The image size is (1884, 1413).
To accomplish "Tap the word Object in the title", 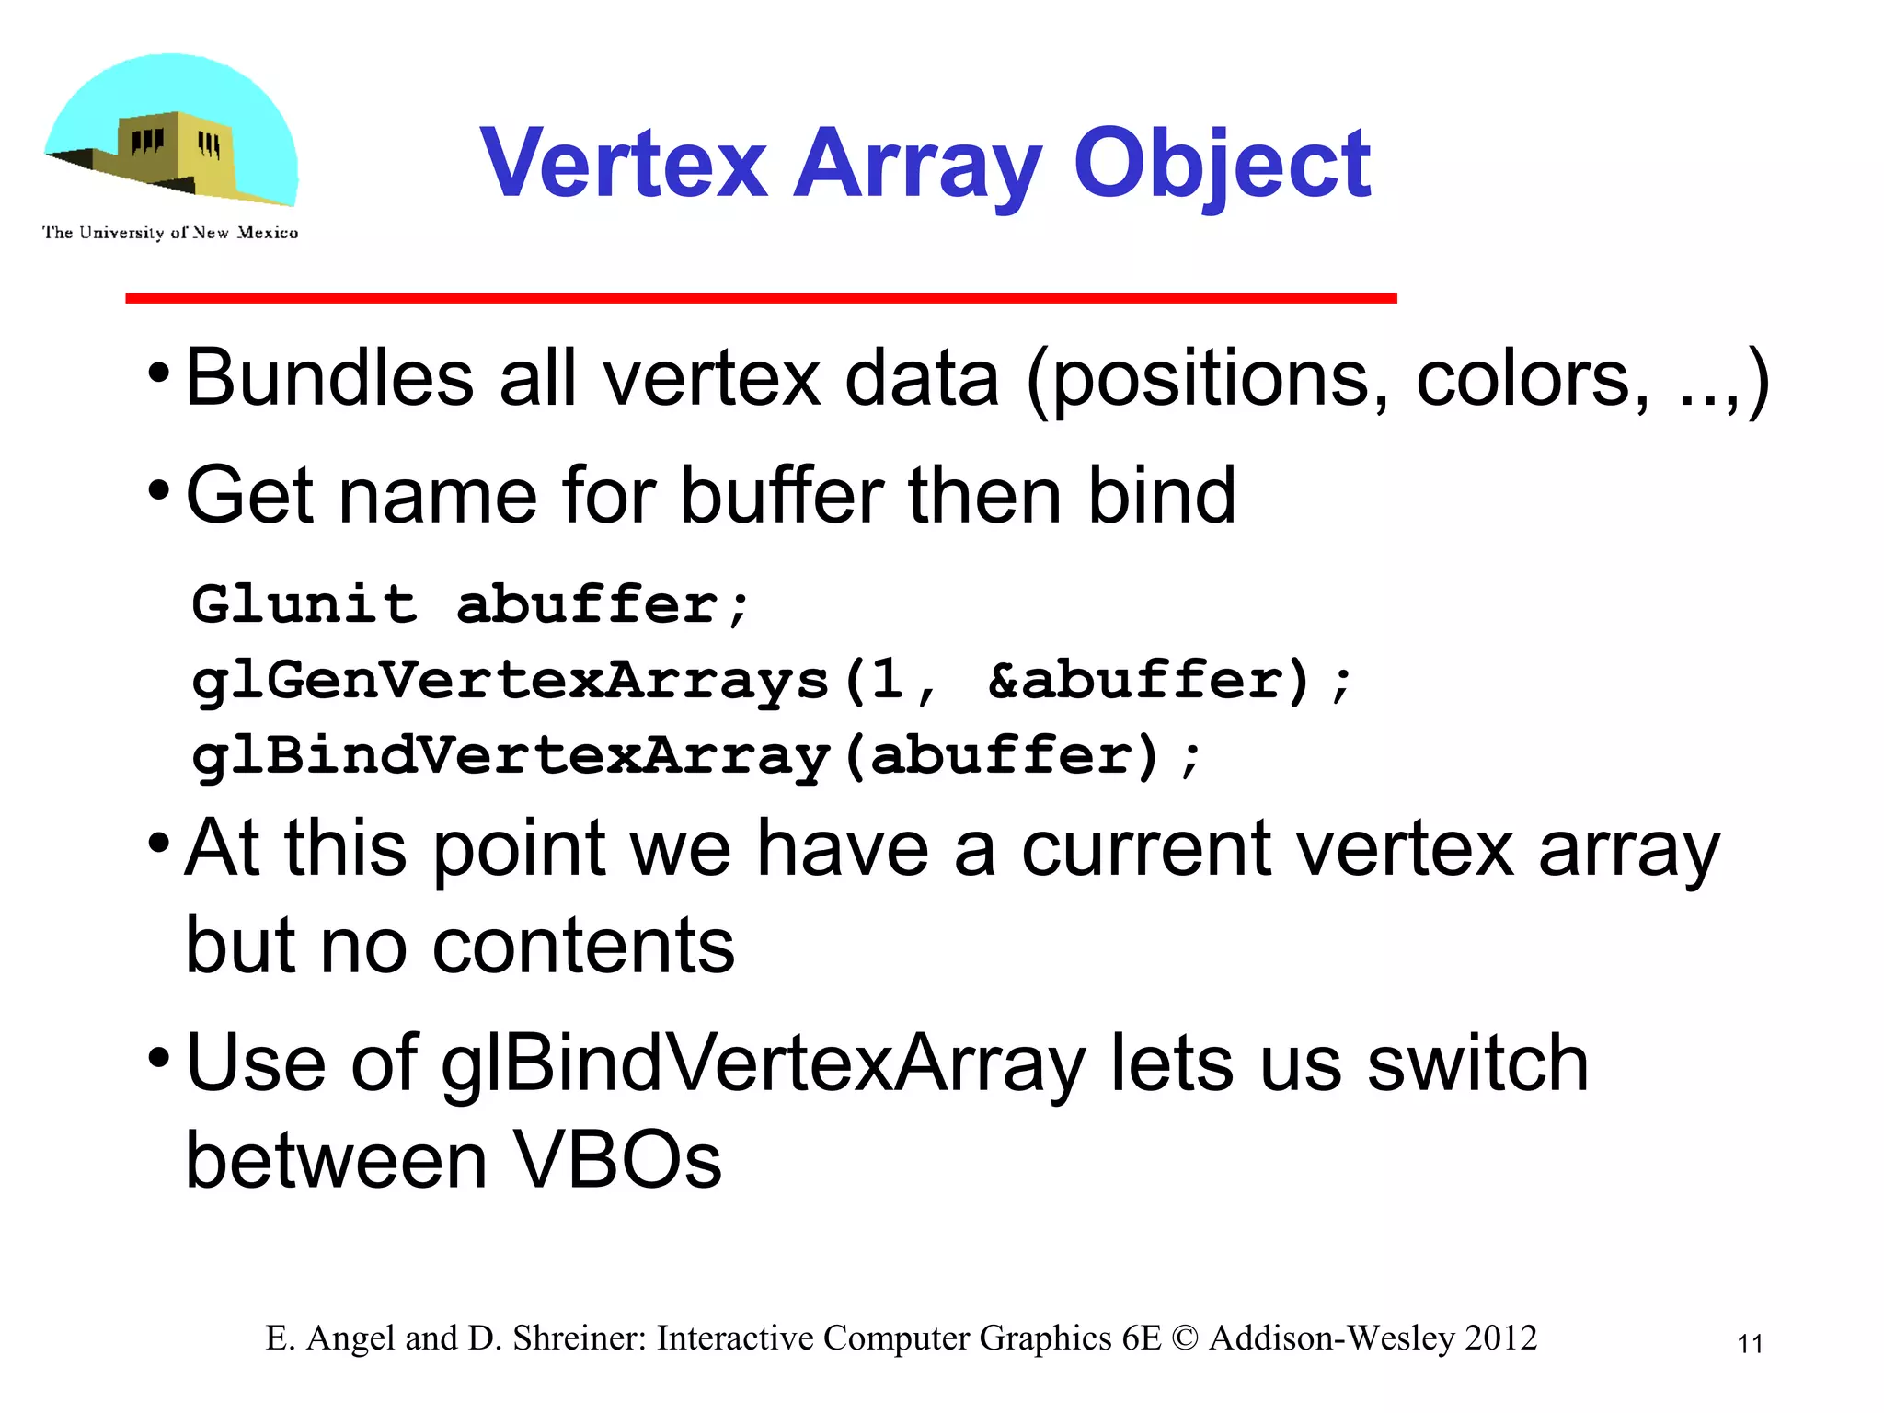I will tap(1223, 166).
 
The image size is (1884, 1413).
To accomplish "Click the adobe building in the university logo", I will tap(175, 152).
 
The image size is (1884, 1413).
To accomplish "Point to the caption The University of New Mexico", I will tap(170, 233).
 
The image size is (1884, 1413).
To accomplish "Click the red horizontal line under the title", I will tap(761, 298).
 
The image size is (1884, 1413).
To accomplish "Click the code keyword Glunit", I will tap(304, 604).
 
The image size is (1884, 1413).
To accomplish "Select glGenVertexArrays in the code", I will tap(511, 682).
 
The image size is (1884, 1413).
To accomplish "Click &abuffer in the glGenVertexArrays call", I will tap(1132, 681).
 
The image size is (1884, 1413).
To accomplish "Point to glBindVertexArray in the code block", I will tap(511, 757).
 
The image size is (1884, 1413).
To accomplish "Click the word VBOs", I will tap(616, 1160).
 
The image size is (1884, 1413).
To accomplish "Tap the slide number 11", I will tap(1750, 1344).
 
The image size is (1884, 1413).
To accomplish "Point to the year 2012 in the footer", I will tap(1500, 1338).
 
